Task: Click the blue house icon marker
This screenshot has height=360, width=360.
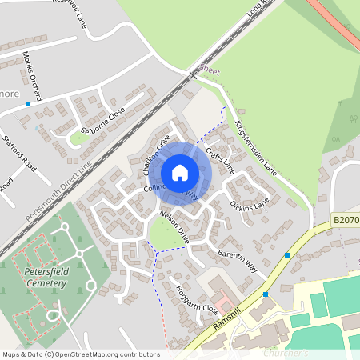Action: pyautogui.click(x=180, y=172)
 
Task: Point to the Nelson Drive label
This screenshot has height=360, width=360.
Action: pyautogui.click(x=174, y=227)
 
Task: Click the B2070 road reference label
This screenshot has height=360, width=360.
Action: pyautogui.click(x=345, y=218)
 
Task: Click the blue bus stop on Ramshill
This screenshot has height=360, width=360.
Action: pyautogui.click(x=266, y=294)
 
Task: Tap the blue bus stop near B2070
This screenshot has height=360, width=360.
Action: pyautogui.click(x=287, y=254)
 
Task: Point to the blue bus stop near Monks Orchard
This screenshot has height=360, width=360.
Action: pyautogui.click(x=28, y=104)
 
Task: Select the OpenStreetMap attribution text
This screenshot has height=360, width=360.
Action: pyautogui.click(x=80, y=354)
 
